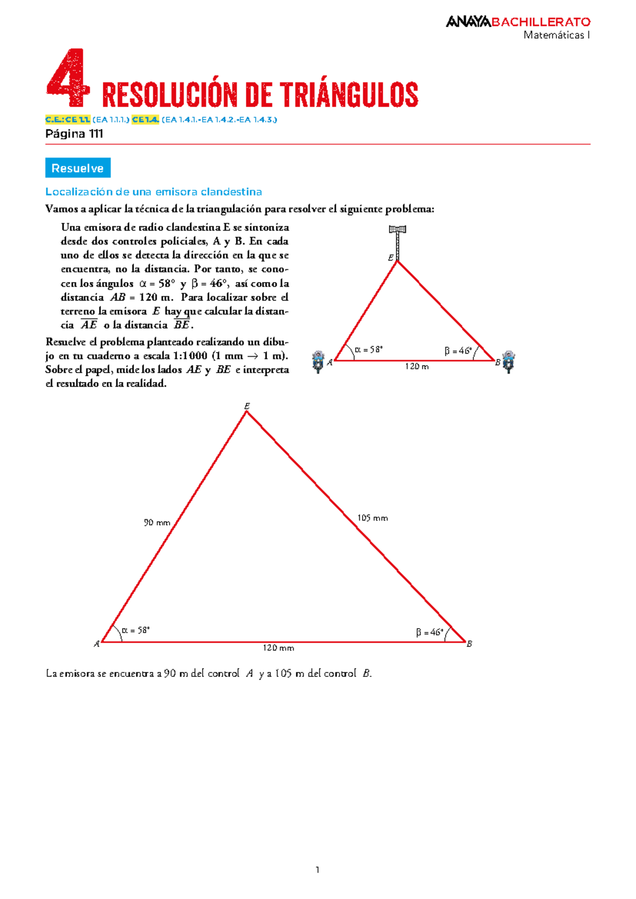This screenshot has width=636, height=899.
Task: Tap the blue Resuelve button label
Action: coord(78,168)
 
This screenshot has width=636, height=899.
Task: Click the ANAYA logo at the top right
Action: coord(468,22)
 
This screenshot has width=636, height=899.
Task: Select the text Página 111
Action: coord(74,134)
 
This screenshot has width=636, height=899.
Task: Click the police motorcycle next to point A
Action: coord(317,362)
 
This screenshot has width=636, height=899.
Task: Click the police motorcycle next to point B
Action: coord(508,362)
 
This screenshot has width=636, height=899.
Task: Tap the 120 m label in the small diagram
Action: coord(417,366)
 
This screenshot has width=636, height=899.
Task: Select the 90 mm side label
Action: coord(157,523)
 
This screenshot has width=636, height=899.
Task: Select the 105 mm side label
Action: coord(372,518)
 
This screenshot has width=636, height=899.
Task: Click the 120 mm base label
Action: coord(278,648)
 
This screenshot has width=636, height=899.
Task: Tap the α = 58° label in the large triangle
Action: coord(136,630)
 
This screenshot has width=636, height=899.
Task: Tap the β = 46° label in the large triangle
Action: coord(429,632)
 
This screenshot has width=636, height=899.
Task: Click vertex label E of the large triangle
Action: coord(247,406)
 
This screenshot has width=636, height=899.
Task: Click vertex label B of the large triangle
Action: coord(469,644)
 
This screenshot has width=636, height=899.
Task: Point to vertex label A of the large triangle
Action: coord(96,644)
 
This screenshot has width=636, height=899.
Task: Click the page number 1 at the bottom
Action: coord(317,869)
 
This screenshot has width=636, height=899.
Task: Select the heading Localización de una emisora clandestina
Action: coord(154,191)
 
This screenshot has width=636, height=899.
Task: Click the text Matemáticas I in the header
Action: coord(556,35)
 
